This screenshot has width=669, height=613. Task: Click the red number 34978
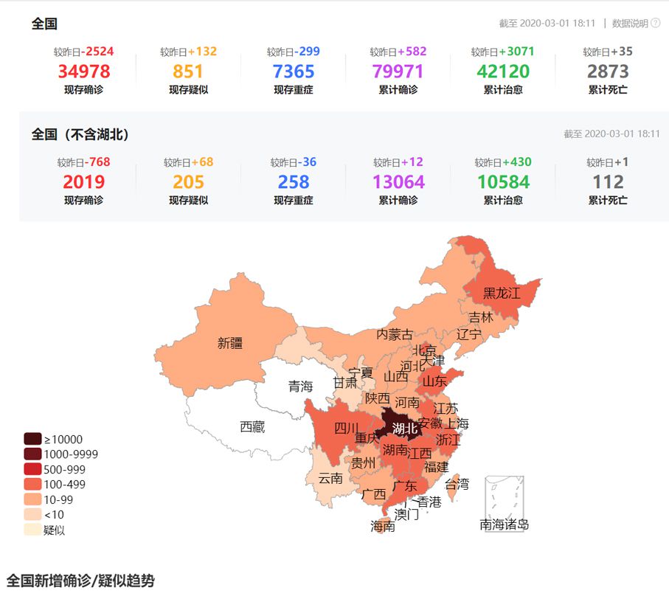tap(83, 72)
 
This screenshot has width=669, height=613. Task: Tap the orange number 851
tap(188, 72)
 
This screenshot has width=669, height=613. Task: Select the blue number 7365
tap(293, 72)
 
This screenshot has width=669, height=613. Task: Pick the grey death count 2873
tap(608, 72)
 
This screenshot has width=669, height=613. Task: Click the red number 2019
tap(83, 182)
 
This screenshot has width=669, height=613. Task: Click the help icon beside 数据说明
tap(655, 24)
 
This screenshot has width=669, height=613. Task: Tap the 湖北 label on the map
tap(404, 428)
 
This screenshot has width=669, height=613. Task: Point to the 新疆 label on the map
tap(229, 343)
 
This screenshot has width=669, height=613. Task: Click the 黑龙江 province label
tap(502, 293)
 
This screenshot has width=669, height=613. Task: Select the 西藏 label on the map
tap(252, 426)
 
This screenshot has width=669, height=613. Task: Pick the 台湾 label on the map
tap(456, 484)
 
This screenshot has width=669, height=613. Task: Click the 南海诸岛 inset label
tap(504, 524)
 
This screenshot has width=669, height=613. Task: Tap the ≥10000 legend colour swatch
tap(32, 439)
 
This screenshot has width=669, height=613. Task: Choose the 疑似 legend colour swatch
tap(32, 530)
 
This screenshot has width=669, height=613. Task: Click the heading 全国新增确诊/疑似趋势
tap(80, 581)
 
